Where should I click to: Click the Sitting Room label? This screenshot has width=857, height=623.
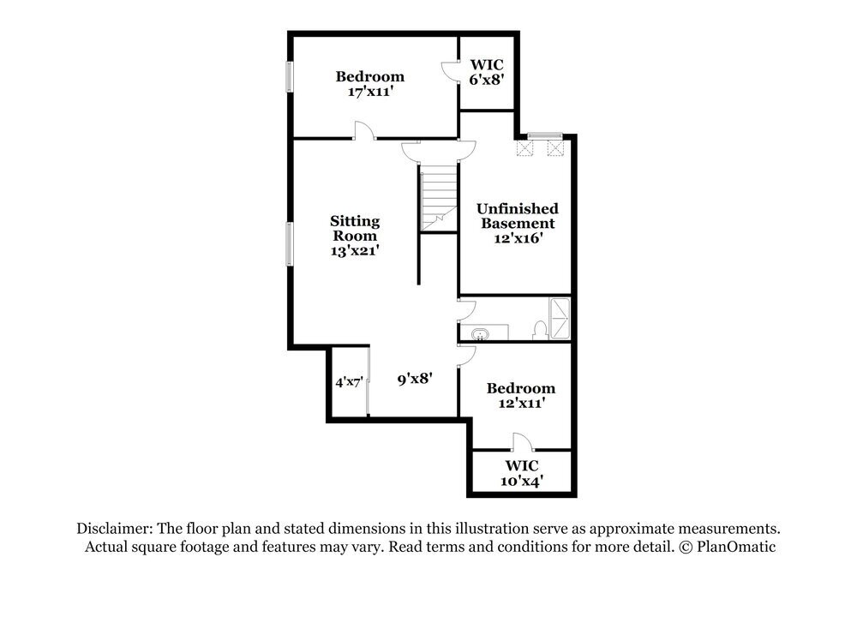pyautogui.click(x=355, y=229)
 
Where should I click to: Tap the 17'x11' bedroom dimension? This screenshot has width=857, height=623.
pyautogui.click(x=370, y=92)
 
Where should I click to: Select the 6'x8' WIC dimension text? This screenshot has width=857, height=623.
pyautogui.click(x=487, y=80)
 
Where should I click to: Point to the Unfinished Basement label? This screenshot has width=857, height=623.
pyautogui.click(x=518, y=216)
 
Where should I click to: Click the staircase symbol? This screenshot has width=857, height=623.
pyautogui.click(x=439, y=198)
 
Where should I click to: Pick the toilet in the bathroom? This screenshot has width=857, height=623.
pyautogui.click(x=539, y=330)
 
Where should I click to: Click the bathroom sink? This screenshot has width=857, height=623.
pyautogui.click(x=480, y=334)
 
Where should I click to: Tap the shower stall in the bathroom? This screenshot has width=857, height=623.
pyautogui.click(x=559, y=319)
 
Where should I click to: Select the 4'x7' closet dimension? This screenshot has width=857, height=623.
pyautogui.click(x=349, y=382)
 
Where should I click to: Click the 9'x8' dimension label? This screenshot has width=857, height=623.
pyautogui.click(x=416, y=378)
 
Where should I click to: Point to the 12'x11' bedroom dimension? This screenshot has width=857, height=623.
pyautogui.click(x=521, y=404)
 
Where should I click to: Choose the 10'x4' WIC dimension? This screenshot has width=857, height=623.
pyautogui.click(x=521, y=482)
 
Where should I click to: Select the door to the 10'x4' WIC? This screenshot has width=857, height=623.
pyautogui.click(x=522, y=442)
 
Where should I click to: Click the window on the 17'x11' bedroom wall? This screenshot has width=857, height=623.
pyautogui.click(x=291, y=76)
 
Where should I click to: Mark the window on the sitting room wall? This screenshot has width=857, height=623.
pyautogui.click(x=291, y=243)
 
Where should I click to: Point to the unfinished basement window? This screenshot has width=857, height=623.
pyautogui.click(x=544, y=135)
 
